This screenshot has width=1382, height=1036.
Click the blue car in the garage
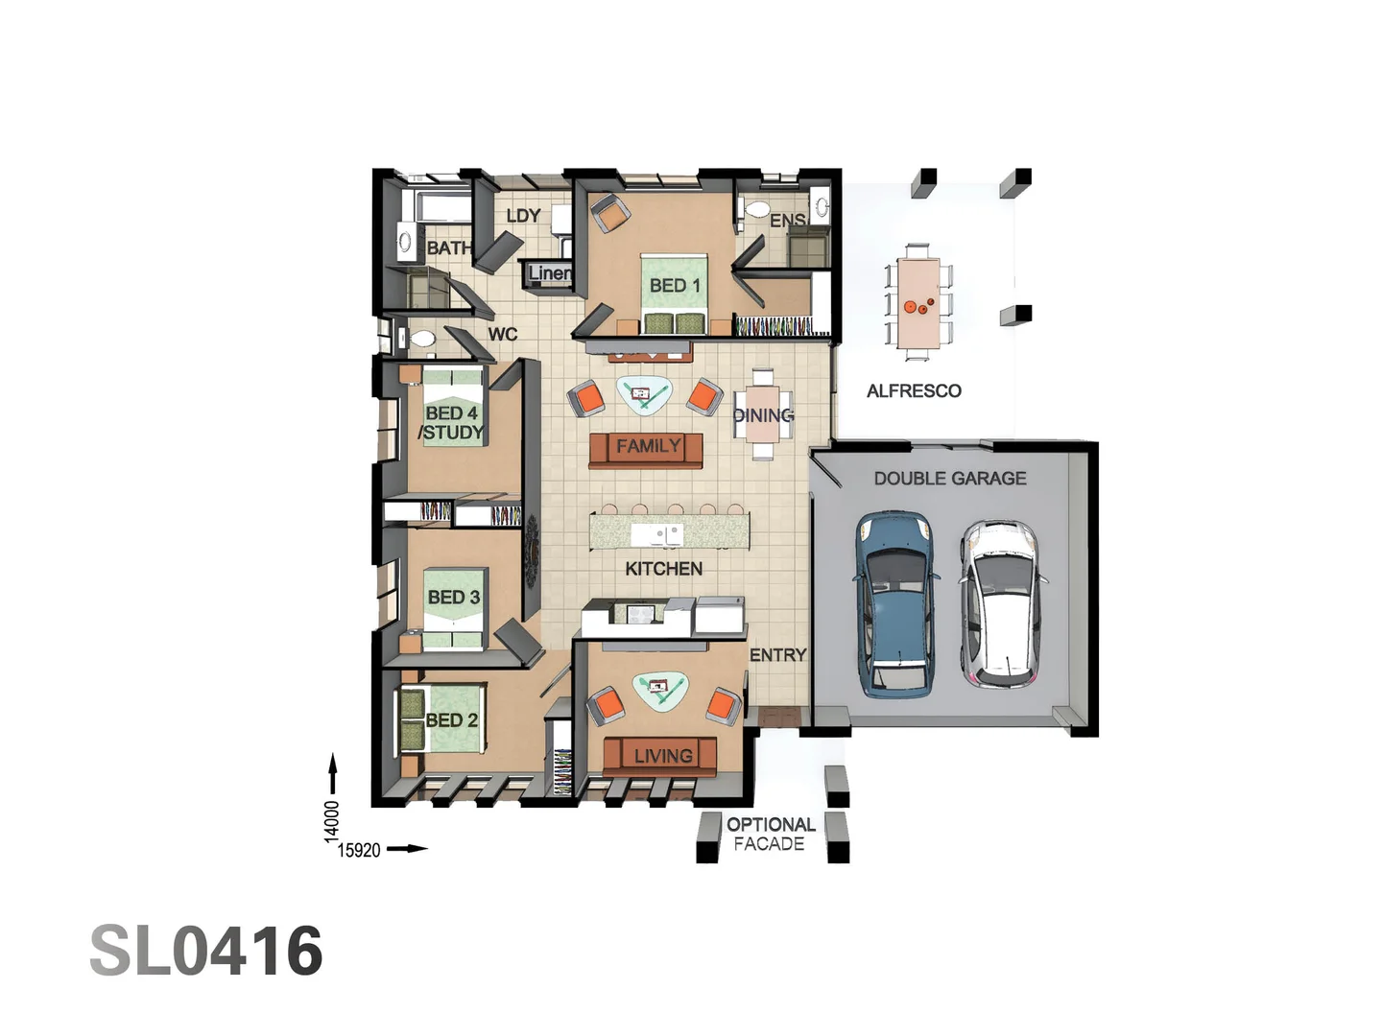pyautogui.click(x=895, y=605)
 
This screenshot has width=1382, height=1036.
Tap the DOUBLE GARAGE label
pyautogui.click(x=949, y=479)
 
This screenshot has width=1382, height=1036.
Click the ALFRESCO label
pyautogui.click(x=914, y=390)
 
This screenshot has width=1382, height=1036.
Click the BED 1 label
pyautogui.click(x=675, y=286)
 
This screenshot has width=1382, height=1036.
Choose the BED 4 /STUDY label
pyautogui.click(x=451, y=423)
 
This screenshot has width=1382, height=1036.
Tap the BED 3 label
pyautogui.click(x=453, y=597)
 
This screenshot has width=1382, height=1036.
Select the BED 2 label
pyautogui.click(x=451, y=719)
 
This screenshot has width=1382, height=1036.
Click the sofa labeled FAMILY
pyautogui.click(x=646, y=451)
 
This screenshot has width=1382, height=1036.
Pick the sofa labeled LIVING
pyautogui.click(x=660, y=756)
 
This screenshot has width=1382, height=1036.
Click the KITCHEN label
pyautogui.click(x=663, y=569)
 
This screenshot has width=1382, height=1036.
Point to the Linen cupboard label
pyautogui.click(x=550, y=273)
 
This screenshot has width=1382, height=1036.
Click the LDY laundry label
pyautogui.click(x=523, y=216)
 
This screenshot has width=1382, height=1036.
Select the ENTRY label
pyautogui.click(x=777, y=655)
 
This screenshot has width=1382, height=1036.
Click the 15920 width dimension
pyautogui.click(x=359, y=851)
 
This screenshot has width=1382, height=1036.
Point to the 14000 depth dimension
pyautogui.click(x=332, y=821)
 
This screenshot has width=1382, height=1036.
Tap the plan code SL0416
pyautogui.click(x=206, y=951)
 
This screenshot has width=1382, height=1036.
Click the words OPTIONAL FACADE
pyautogui.click(x=770, y=835)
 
